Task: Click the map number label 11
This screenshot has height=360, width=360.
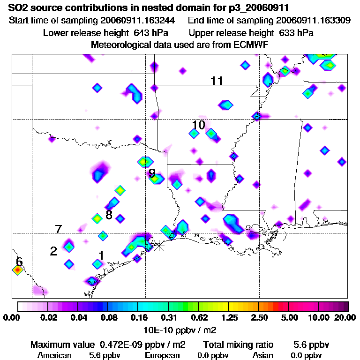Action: tap(217, 81)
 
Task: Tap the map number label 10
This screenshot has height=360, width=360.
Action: tap(199, 125)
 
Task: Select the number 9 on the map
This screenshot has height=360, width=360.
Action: tap(152, 173)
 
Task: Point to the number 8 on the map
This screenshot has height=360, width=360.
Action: tap(109, 215)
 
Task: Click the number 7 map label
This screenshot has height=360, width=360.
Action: tap(58, 229)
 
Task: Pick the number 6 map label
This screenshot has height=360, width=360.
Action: tap(19, 261)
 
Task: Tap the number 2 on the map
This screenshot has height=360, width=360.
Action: tap(53, 251)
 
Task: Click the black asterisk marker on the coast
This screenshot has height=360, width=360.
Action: tap(159, 245)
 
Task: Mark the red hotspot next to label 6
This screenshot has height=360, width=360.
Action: tap(18, 270)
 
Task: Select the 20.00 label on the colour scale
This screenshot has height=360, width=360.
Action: tap(345, 318)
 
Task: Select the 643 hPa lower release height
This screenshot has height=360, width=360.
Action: tap(153, 33)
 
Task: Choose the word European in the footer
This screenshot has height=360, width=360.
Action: tap(162, 355)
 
